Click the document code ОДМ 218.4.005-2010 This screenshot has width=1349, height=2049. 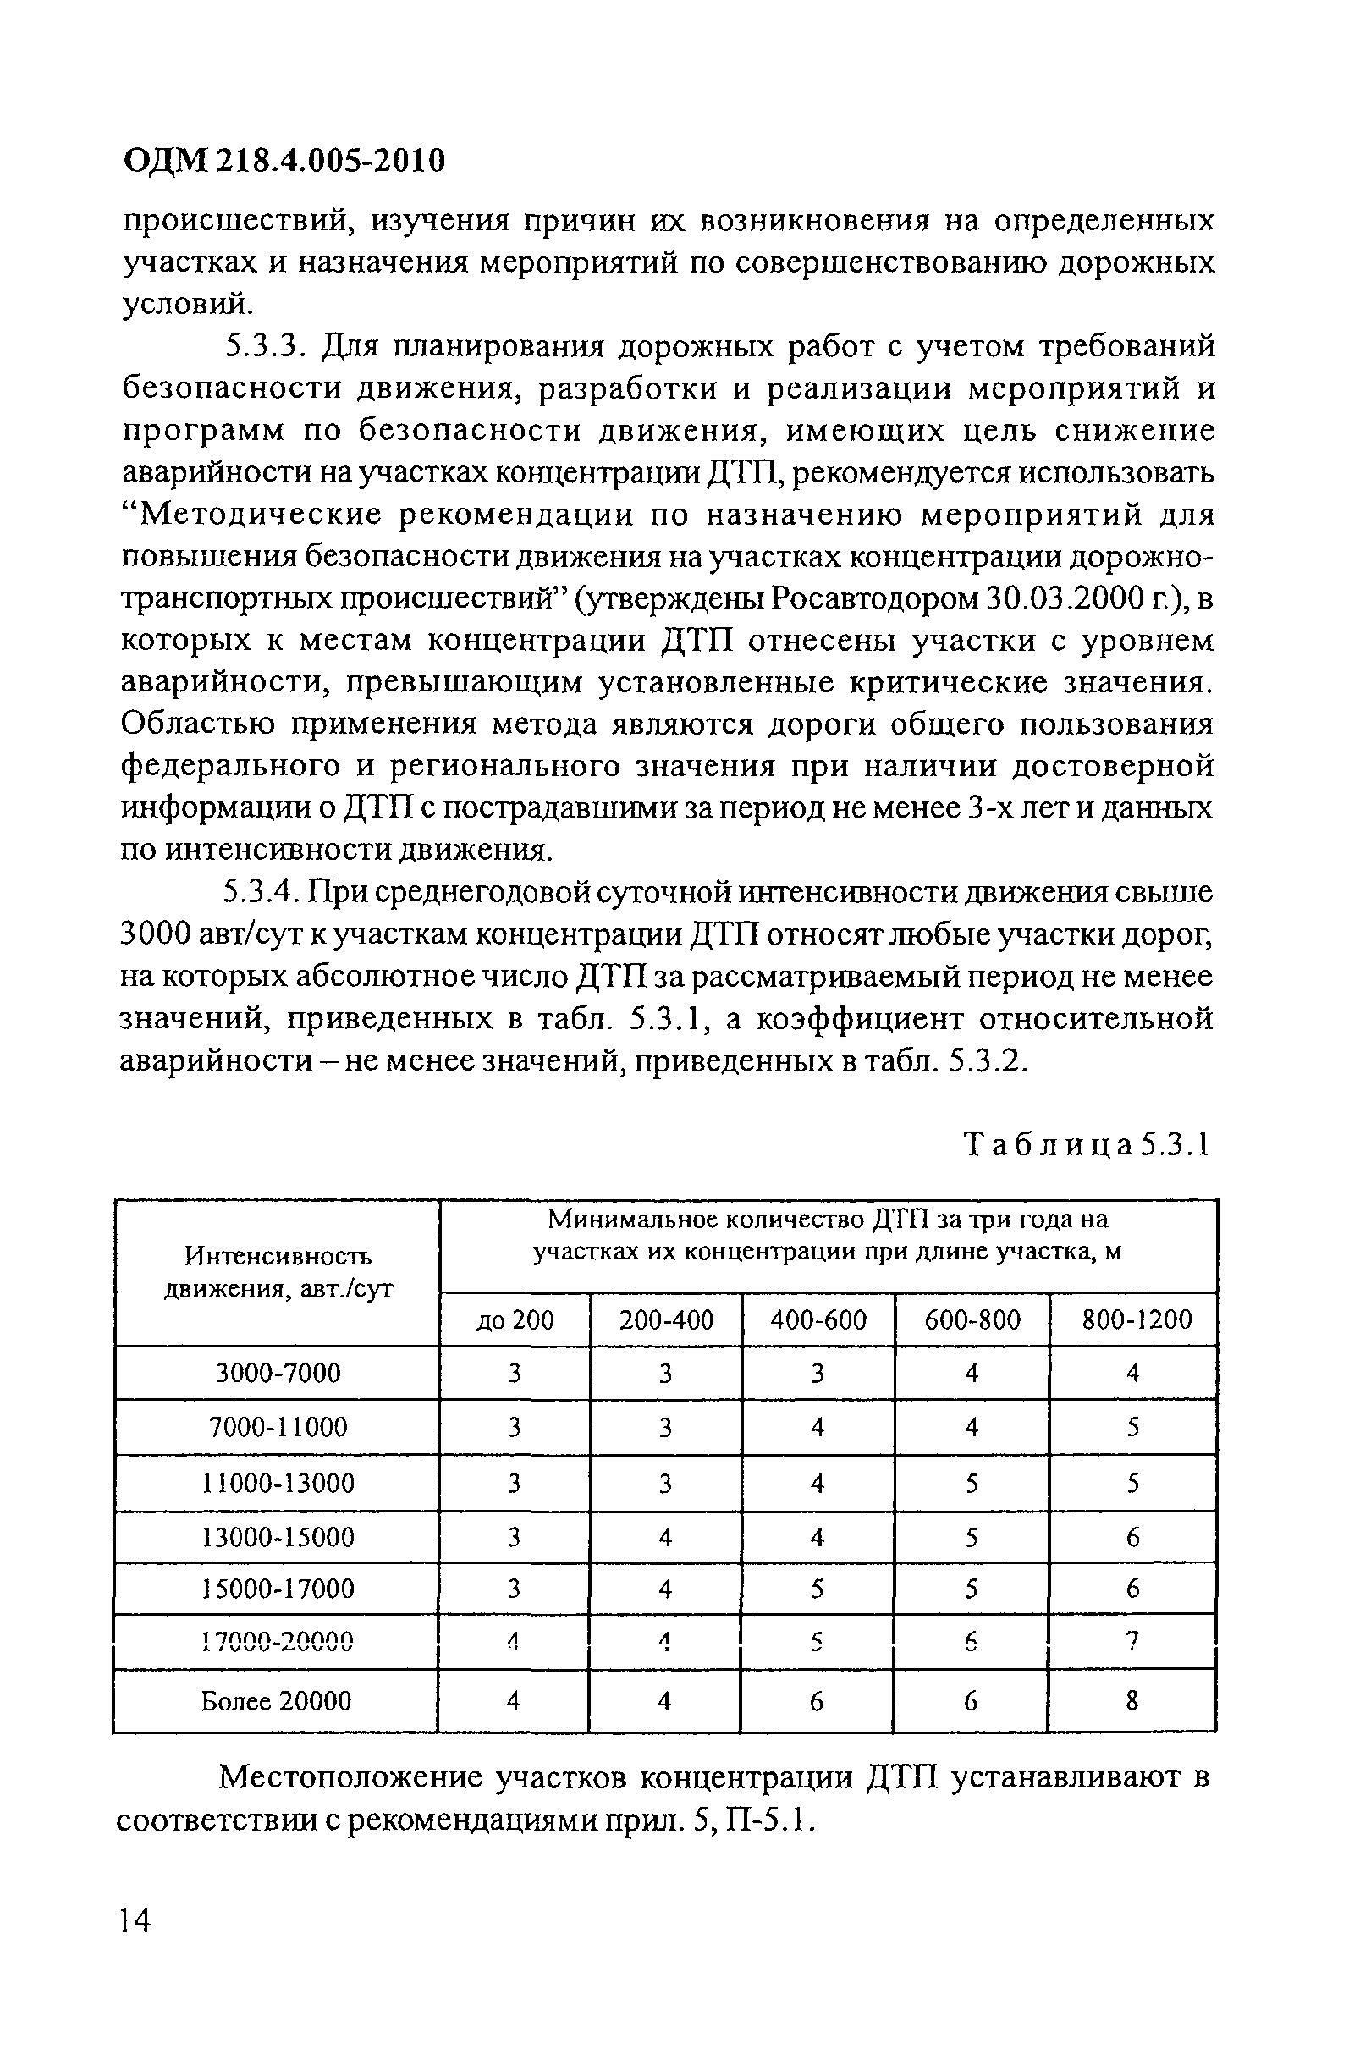[285, 159]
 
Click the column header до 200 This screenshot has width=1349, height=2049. [515, 1319]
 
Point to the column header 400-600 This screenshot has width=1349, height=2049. [818, 1319]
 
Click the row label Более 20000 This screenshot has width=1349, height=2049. [277, 1701]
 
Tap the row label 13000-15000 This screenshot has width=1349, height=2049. [278, 1538]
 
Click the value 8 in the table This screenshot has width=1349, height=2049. [1132, 1701]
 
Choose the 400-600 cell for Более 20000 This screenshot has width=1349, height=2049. [817, 1701]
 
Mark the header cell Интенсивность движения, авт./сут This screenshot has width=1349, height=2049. [278, 1272]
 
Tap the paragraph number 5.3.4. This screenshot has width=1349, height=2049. [261, 893]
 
